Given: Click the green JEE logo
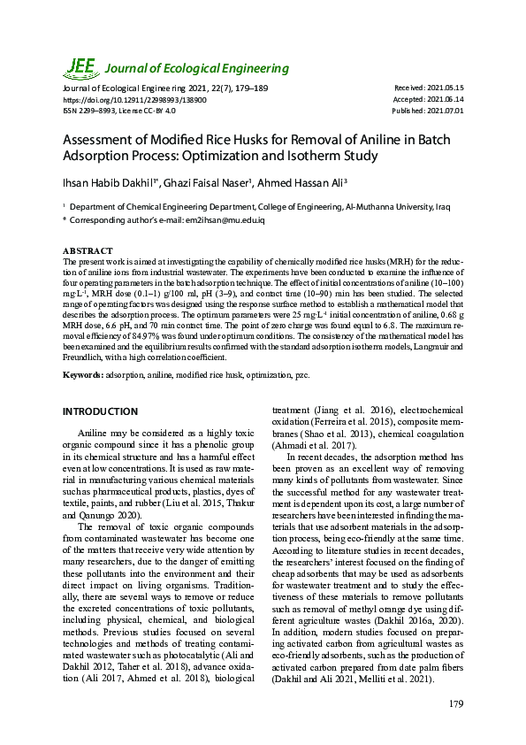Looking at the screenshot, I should (x=80, y=66).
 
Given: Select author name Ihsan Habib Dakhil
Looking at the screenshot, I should (x=106, y=182).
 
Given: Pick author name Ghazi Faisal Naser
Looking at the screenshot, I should (x=210, y=182).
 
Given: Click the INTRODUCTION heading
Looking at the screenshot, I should (x=100, y=411).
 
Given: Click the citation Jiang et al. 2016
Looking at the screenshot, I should (x=337, y=411).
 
